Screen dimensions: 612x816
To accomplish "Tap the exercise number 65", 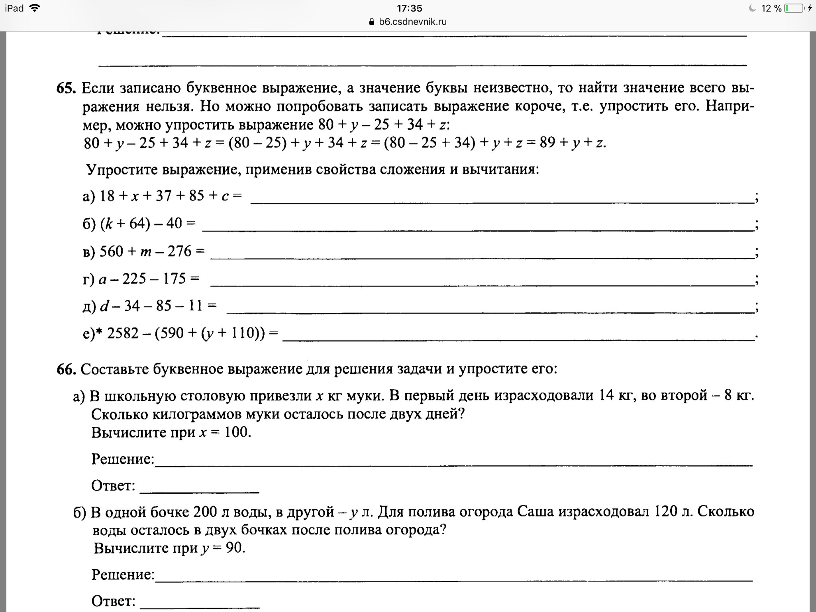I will point(66,88).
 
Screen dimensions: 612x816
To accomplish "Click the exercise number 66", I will point(66,369).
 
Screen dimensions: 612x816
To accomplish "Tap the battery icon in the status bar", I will point(794,8).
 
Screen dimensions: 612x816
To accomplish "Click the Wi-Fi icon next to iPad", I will point(35,8).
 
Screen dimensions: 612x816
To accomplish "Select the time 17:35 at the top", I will point(409,8).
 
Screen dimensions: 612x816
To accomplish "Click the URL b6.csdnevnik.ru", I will point(413,22).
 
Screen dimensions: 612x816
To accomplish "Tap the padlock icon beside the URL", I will point(372,22).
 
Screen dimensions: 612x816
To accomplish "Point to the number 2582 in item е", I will point(123,333).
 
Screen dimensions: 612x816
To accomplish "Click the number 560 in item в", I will point(111,251).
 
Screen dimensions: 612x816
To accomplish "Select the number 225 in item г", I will point(134,279).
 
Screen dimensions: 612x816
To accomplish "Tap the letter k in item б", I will point(109,224).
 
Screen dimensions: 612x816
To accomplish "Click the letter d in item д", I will point(104,306).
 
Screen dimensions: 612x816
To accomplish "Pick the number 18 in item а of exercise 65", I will point(107,196).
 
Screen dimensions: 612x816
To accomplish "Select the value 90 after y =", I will point(234,548).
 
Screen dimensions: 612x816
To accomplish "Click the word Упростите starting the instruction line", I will point(122,170).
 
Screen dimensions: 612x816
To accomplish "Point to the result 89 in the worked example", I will point(547,143).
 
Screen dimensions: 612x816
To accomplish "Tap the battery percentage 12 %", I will point(771,8).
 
